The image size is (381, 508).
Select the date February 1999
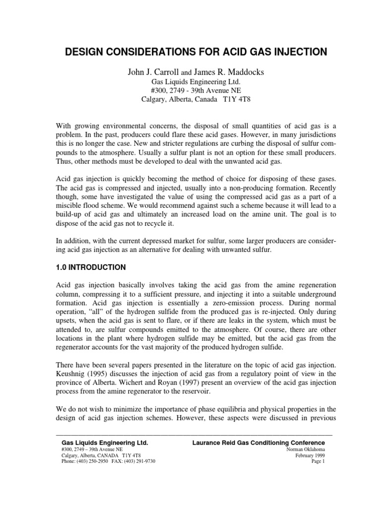point(310,455)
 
